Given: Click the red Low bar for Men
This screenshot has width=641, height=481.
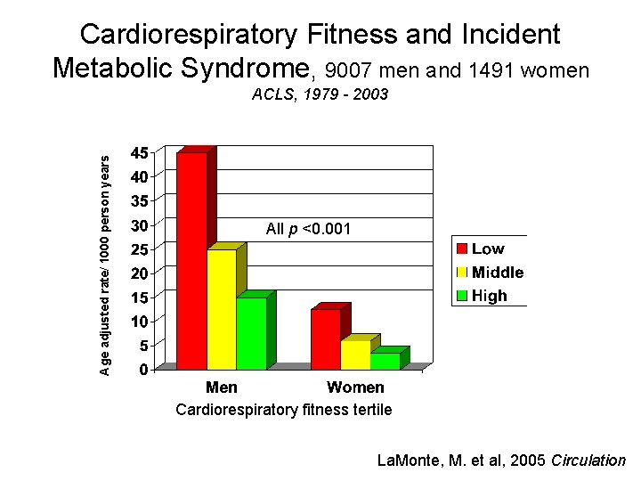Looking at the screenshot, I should [x=192, y=260].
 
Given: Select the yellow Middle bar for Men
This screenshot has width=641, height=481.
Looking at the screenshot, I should [x=222, y=309].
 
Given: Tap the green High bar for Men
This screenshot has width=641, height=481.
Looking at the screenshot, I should [x=251, y=333].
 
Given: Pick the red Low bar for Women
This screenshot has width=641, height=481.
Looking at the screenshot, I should [x=326, y=338].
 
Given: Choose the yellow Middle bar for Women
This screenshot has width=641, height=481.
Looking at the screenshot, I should [x=355, y=355].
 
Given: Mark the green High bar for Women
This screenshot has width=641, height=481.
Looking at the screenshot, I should [x=385, y=361].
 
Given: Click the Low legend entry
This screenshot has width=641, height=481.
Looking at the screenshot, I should [x=488, y=249].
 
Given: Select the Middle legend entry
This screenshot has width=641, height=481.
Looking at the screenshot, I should [x=497, y=273].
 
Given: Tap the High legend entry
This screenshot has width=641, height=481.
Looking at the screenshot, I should [x=489, y=296].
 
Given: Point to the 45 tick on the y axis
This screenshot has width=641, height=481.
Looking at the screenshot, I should [x=140, y=152].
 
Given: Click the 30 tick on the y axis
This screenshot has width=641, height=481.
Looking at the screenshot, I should [x=140, y=224].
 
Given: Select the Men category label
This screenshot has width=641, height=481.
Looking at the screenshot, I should [x=222, y=387].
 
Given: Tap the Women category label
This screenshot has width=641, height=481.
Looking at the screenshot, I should [x=355, y=387].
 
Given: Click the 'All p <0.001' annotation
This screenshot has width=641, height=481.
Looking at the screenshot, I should [x=308, y=230].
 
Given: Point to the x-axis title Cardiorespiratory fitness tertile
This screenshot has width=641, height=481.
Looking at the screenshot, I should [x=283, y=410].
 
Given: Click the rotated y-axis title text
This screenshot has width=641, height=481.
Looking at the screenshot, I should [x=105, y=265].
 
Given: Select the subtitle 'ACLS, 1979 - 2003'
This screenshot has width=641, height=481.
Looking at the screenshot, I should [x=320, y=94].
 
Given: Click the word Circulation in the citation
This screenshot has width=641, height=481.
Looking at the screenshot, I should [x=588, y=461].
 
